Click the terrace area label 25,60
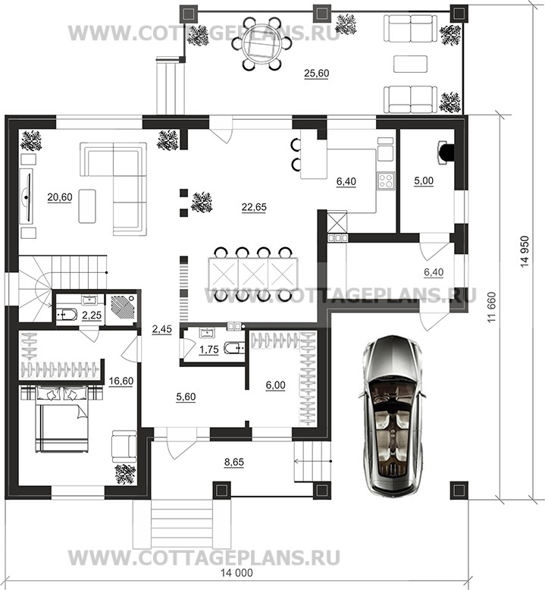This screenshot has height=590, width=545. click(x=316, y=74)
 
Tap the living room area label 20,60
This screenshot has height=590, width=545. click(x=60, y=196)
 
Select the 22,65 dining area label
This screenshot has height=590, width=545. click(x=254, y=207)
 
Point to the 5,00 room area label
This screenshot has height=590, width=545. click(x=424, y=181)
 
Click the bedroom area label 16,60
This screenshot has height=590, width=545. click(x=121, y=381)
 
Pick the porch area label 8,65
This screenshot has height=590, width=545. click(x=234, y=462)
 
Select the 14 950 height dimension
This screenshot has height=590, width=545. click(x=525, y=252)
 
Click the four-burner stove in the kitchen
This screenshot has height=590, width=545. click(x=386, y=180)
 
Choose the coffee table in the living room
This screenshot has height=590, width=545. click(x=87, y=206)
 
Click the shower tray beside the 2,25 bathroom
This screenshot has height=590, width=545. click(x=121, y=309)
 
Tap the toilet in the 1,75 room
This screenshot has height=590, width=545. click(x=235, y=348)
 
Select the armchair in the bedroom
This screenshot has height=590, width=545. click(x=124, y=446)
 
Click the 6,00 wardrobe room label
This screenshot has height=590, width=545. click(x=275, y=385)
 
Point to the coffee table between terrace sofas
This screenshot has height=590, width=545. click(x=410, y=64)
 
